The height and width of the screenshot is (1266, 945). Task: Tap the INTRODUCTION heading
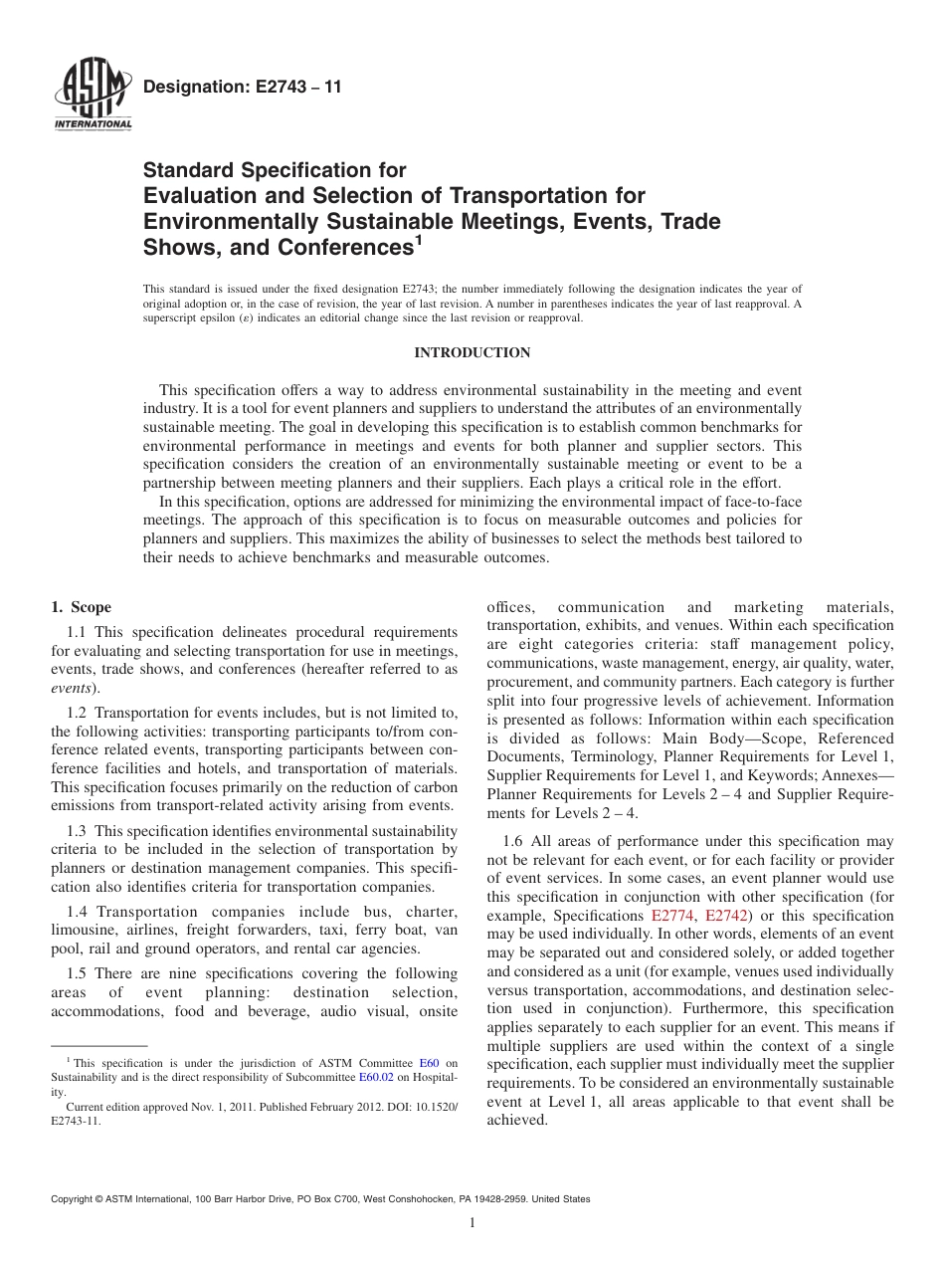point(472,353)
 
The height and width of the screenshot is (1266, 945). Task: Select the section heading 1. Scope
point(81,607)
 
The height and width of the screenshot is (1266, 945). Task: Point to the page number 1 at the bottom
point(472,1223)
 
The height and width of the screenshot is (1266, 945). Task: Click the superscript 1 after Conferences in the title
point(419,239)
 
